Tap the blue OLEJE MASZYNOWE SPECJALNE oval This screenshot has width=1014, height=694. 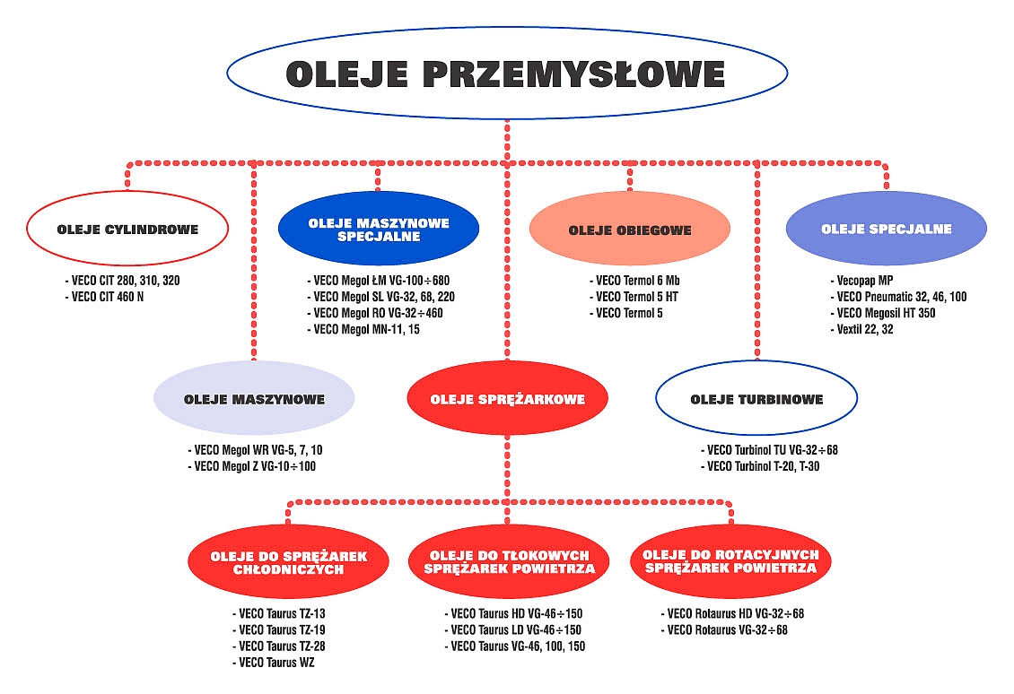[379, 229]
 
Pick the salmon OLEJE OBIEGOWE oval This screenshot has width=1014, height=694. [630, 229]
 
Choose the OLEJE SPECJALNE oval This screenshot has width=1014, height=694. [887, 229]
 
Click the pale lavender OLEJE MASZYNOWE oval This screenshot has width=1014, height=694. [254, 398]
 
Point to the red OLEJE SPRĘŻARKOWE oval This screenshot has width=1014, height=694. [508, 398]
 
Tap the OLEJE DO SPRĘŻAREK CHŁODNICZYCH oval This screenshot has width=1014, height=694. [288, 561]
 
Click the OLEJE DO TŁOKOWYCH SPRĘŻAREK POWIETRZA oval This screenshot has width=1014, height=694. [509, 561]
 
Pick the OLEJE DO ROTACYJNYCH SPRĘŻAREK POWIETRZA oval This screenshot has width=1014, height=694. [730, 561]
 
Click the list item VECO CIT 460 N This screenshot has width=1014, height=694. [104, 298]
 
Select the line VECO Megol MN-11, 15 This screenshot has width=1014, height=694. [363, 330]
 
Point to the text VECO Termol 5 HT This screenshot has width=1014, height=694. [634, 298]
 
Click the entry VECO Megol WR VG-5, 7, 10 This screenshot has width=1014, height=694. [255, 450]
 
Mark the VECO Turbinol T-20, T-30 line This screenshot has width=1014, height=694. [761, 466]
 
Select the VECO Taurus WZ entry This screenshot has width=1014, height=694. [274, 663]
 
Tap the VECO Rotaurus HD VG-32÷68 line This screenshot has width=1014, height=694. [733, 614]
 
